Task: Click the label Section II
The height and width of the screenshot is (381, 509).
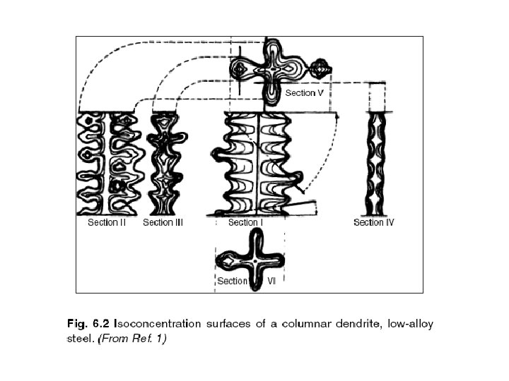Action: [107, 223]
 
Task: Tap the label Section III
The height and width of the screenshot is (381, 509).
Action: [163, 223]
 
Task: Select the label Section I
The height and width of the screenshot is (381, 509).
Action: [245, 223]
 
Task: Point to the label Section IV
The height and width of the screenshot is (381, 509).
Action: [374, 223]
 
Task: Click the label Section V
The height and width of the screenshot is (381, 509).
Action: [305, 93]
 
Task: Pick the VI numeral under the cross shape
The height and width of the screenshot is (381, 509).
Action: [271, 281]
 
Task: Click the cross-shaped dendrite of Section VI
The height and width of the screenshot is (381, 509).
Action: [250, 260]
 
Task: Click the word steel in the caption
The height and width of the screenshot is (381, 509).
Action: [80, 339]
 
